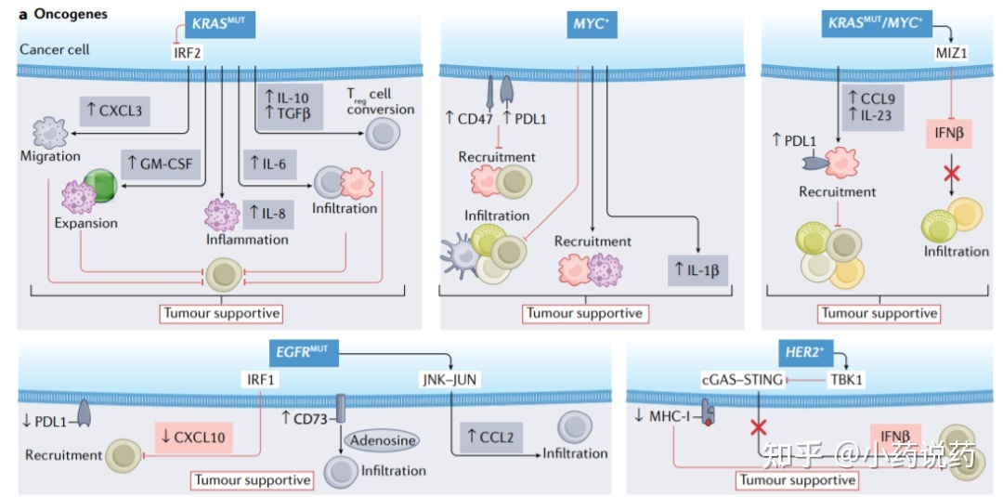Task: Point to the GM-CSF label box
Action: [162, 164]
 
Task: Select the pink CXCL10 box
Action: [191, 434]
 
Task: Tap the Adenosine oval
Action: [382, 439]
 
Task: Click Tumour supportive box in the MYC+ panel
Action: [584, 312]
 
